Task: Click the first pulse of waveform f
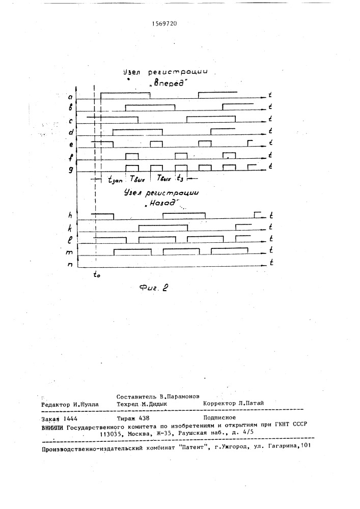[x=132, y=155]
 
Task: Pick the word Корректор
[x=220, y=403]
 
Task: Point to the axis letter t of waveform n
[x=271, y=263]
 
